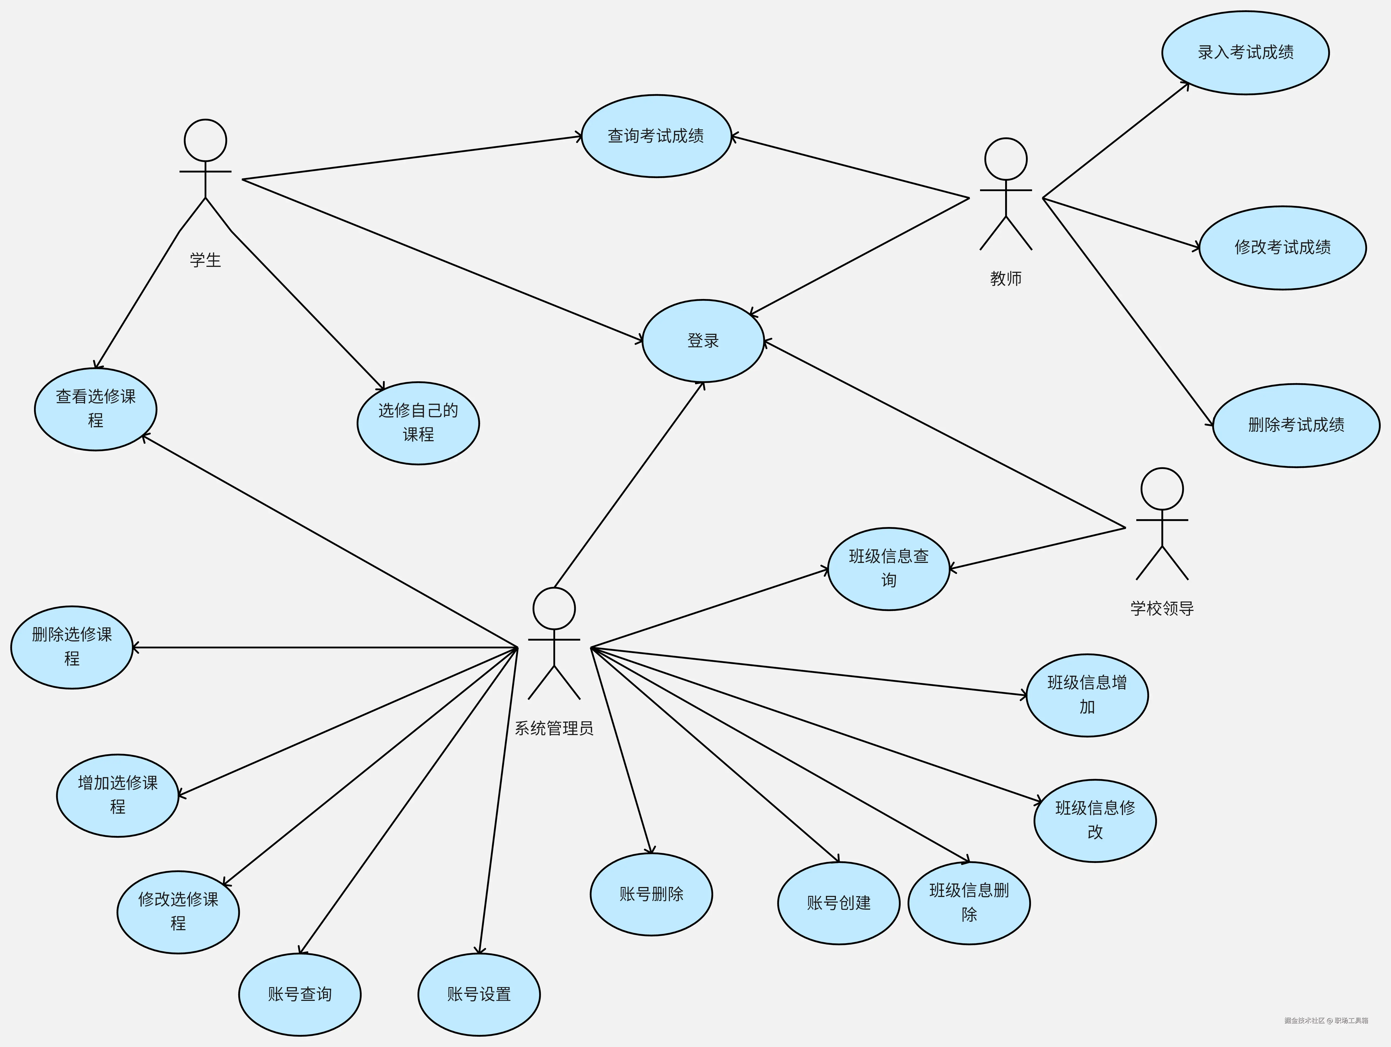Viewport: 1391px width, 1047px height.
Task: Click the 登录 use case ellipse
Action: (x=703, y=341)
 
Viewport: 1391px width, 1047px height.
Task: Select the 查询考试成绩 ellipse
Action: (x=656, y=136)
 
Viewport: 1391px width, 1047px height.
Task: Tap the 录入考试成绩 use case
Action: (x=1245, y=53)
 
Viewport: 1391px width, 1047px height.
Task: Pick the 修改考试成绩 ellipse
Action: (x=1282, y=248)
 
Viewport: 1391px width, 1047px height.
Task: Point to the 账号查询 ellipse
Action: (x=299, y=994)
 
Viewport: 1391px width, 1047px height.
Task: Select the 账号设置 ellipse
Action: (x=478, y=994)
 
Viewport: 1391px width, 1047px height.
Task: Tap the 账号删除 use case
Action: (x=651, y=894)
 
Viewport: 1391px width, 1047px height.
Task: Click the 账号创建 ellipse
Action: (x=838, y=903)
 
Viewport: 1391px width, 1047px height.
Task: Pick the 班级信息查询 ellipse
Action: (x=888, y=569)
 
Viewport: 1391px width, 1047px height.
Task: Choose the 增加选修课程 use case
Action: (x=118, y=796)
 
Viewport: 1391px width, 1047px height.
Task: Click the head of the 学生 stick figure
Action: (x=206, y=140)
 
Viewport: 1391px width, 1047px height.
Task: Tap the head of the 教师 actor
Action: (x=1005, y=159)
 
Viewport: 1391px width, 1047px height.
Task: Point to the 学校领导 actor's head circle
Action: (x=1162, y=489)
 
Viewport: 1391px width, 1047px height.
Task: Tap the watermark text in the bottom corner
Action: (x=1326, y=1021)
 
